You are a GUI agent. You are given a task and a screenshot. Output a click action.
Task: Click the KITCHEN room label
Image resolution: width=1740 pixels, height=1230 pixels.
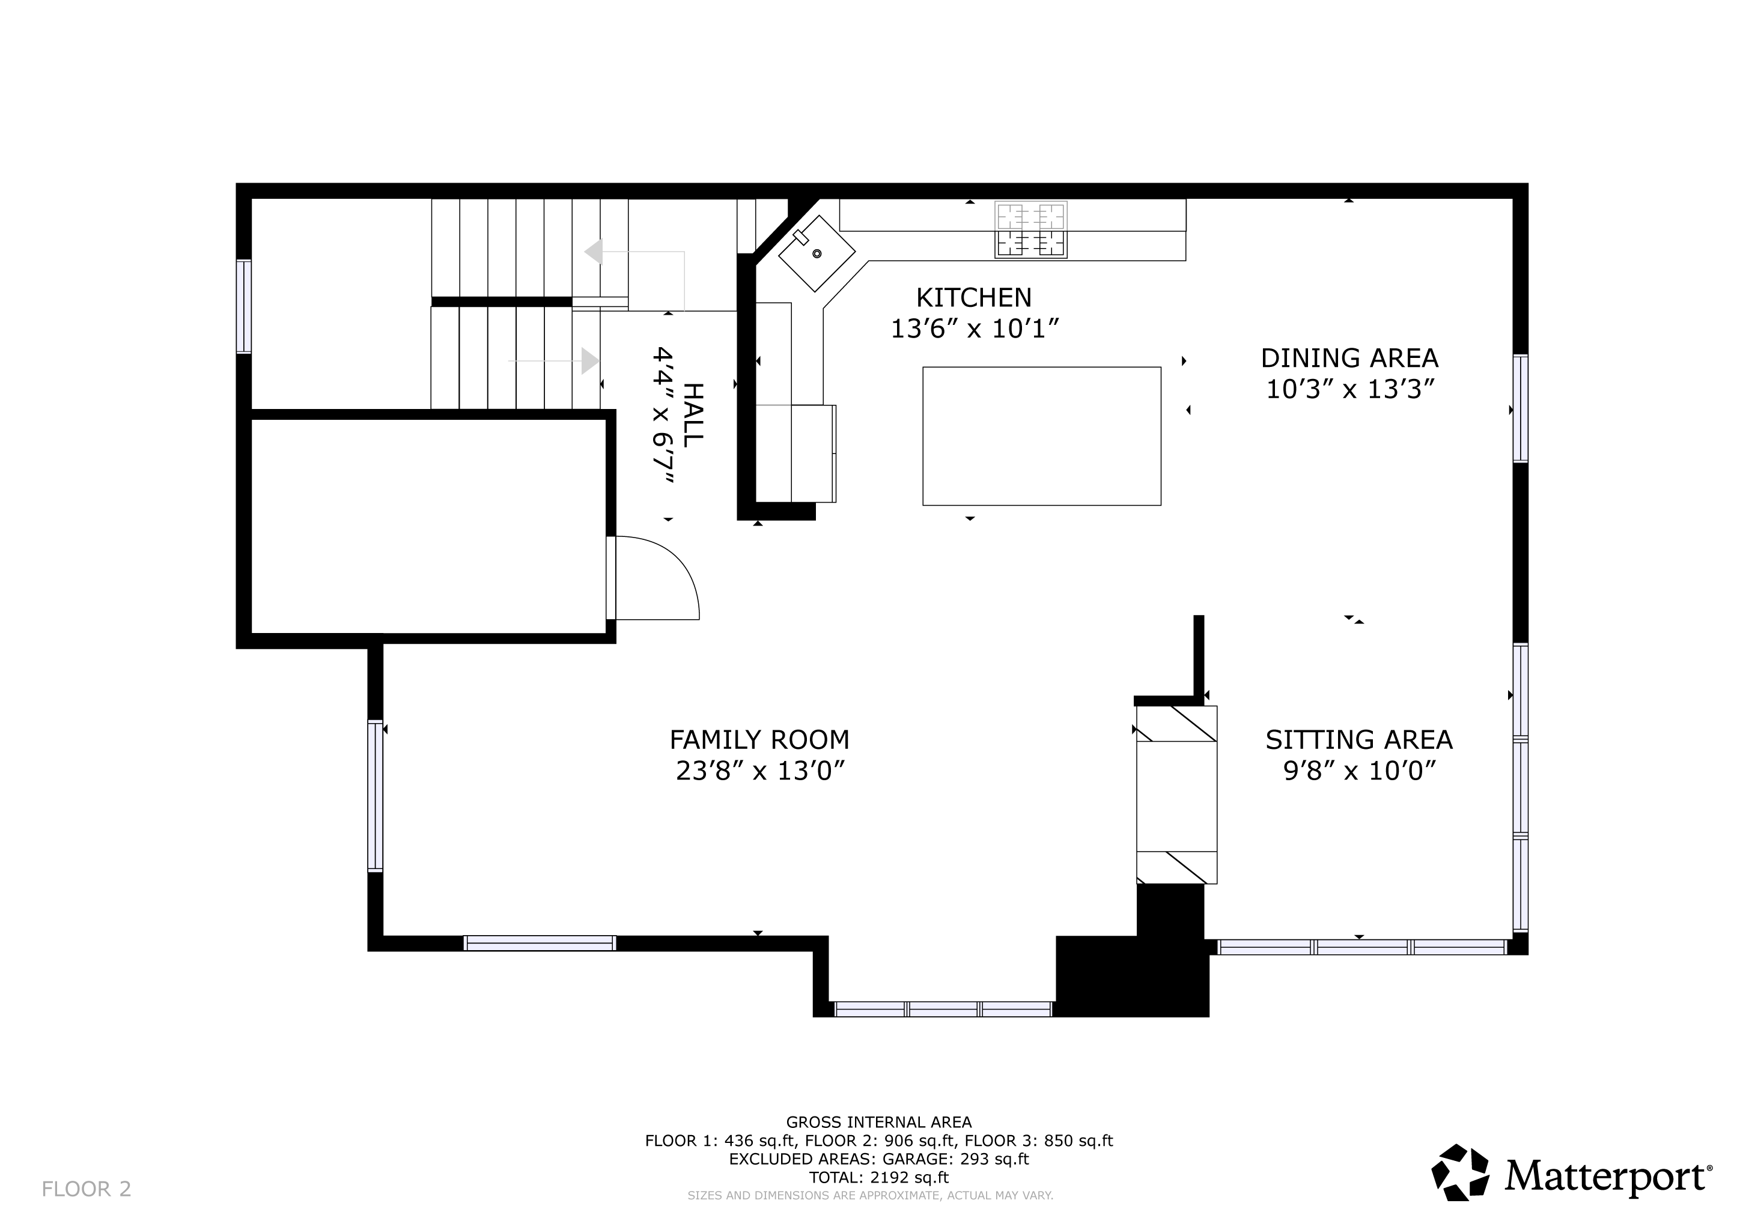(974, 298)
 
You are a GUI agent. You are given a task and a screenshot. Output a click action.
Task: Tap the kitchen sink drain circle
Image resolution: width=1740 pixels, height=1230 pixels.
(817, 253)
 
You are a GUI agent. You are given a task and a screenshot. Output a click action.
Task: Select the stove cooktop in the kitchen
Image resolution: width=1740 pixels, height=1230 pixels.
(1030, 229)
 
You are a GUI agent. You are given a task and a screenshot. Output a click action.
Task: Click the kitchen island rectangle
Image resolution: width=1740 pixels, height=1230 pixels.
(1042, 436)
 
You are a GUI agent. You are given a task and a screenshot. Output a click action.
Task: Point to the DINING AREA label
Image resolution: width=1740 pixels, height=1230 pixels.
(1349, 357)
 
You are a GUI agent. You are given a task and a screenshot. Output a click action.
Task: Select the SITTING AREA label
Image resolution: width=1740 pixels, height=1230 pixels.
(1359, 739)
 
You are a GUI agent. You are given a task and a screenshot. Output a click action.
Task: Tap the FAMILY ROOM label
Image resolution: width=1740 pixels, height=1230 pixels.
(759, 739)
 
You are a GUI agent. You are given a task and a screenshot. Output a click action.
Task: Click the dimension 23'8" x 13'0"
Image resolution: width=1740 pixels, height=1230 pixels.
(760, 771)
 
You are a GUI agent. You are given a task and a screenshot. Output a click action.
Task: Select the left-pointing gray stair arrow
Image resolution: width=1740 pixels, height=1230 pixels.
(635, 265)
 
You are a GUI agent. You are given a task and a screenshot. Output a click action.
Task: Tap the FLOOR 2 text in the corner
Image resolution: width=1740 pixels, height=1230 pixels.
(87, 1189)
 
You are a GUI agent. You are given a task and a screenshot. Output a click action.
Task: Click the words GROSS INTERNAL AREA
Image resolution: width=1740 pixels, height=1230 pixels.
(879, 1122)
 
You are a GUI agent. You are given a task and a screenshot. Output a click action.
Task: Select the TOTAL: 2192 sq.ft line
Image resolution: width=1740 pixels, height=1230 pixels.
(879, 1178)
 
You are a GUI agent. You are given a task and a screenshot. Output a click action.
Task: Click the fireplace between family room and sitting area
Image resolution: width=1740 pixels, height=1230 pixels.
(1176, 795)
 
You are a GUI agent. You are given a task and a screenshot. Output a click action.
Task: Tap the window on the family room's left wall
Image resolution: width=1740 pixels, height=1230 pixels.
(375, 795)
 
